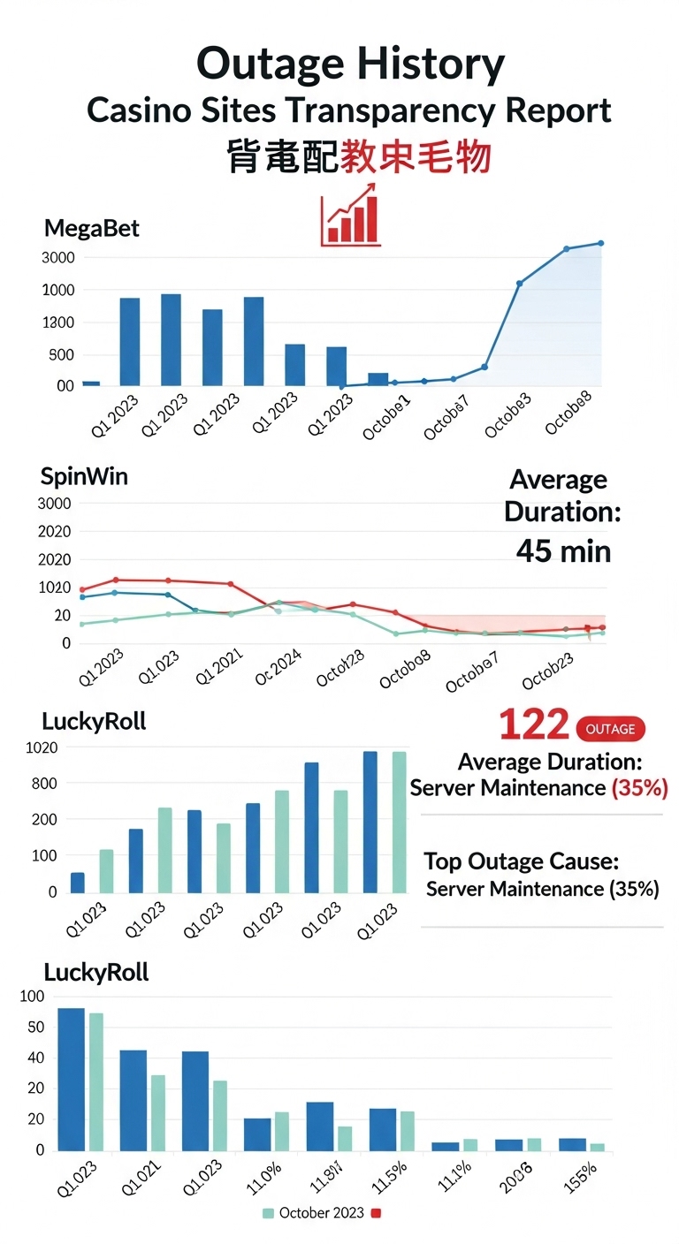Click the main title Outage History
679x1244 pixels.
350,64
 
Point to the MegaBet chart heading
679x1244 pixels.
92,229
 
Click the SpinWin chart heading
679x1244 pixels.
85,476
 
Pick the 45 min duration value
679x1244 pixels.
563,551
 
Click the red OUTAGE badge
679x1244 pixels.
610,729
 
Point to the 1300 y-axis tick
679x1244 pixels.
57,322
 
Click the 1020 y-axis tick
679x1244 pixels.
41,747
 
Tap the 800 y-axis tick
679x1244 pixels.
43,784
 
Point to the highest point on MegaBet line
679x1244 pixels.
600,243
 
